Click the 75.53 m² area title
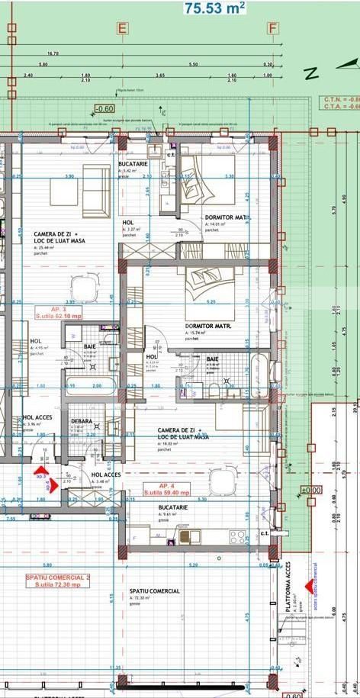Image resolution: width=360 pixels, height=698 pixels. pos(214,8)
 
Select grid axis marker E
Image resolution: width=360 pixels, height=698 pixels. pos(121,29)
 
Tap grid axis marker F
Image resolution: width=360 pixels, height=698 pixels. pos(272,29)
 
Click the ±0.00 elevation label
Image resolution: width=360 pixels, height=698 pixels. pos(310,490)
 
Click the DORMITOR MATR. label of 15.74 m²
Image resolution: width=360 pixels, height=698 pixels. pos(208,326)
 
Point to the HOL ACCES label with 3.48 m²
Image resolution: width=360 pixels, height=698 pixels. pos(107,475)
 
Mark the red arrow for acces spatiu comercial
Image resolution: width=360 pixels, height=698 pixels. pos(310,586)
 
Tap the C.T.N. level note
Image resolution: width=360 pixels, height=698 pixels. pos(340,99)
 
